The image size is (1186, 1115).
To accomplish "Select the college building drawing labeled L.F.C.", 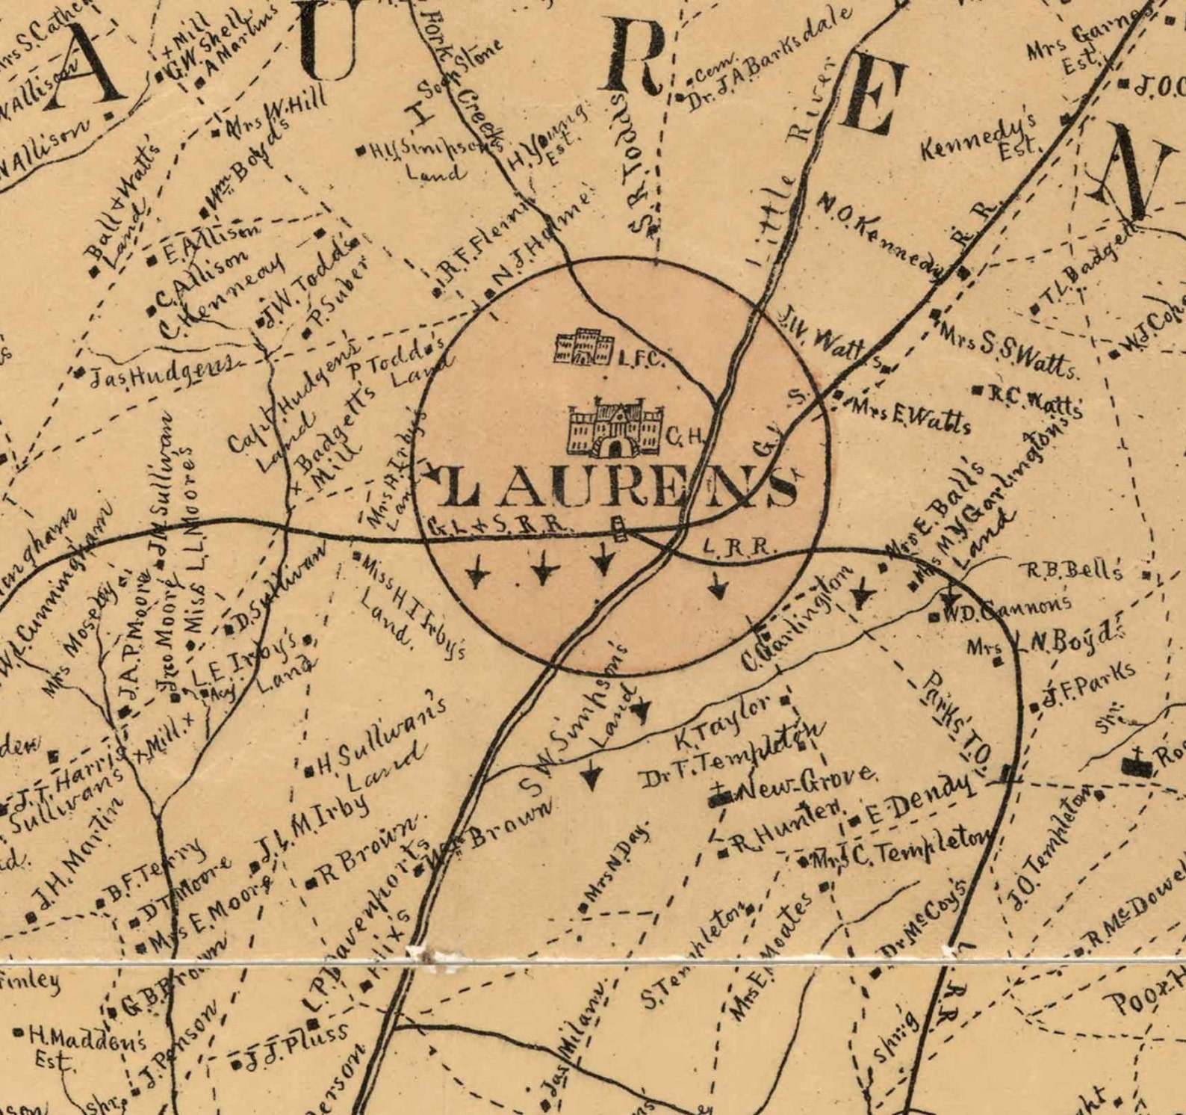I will (583, 347).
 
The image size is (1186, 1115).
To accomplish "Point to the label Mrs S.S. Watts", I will (1008, 348).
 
